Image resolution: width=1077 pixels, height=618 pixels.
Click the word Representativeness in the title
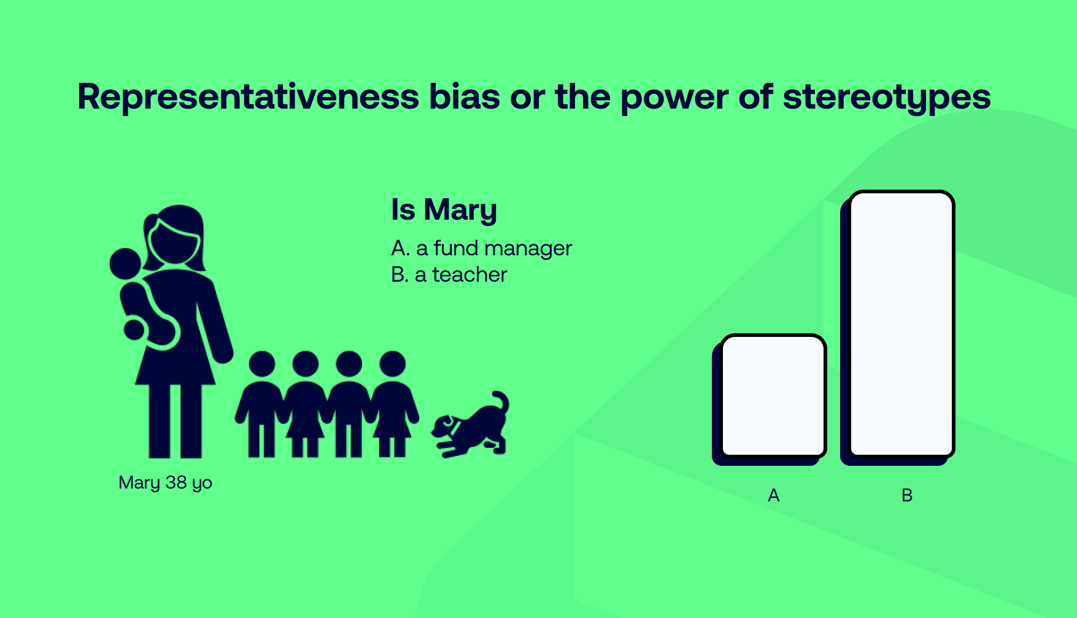(249, 97)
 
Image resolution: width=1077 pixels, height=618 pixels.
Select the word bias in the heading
(465, 97)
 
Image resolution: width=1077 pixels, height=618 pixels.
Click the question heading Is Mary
(444, 210)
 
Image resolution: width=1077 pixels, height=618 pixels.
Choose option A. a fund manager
(482, 248)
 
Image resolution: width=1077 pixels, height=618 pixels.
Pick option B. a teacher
(449, 274)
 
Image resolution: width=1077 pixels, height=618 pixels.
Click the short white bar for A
(773, 396)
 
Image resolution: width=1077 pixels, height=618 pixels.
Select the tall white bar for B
(901, 324)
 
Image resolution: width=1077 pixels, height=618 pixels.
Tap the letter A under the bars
(774, 495)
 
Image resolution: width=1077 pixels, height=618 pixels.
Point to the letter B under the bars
(907, 495)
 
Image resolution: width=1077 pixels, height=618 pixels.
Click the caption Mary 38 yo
(166, 483)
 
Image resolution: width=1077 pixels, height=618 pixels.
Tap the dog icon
(471, 425)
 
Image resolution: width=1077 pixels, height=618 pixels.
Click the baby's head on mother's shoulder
(126, 264)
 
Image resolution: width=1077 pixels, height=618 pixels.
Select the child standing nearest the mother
(262, 404)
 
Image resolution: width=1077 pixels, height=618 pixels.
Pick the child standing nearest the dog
(393, 404)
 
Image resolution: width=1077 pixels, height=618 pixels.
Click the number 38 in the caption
(176, 482)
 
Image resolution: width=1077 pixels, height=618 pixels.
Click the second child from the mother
(306, 404)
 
